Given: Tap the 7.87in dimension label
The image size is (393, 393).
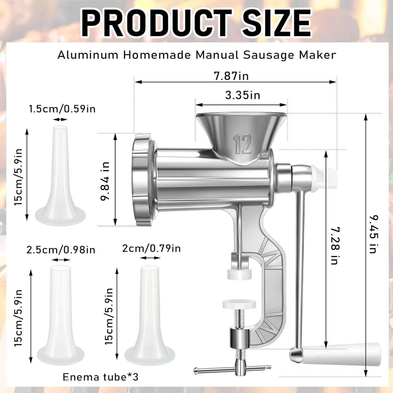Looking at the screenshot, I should click(231, 76).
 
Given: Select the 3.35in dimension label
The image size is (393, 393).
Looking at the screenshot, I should click(243, 95).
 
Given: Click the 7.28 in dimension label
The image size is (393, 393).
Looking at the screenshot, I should click(335, 245).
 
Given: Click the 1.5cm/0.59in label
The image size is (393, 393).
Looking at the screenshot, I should click(62, 109).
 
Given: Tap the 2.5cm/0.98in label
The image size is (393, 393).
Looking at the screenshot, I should click(61, 250).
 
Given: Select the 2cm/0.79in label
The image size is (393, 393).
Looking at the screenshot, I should click(151, 248).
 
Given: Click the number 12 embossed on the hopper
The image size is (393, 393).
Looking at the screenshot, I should click(242, 144).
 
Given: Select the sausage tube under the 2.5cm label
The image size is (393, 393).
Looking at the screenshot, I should click(61, 314).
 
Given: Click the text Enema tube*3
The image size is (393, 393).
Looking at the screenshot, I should click(100, 377).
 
